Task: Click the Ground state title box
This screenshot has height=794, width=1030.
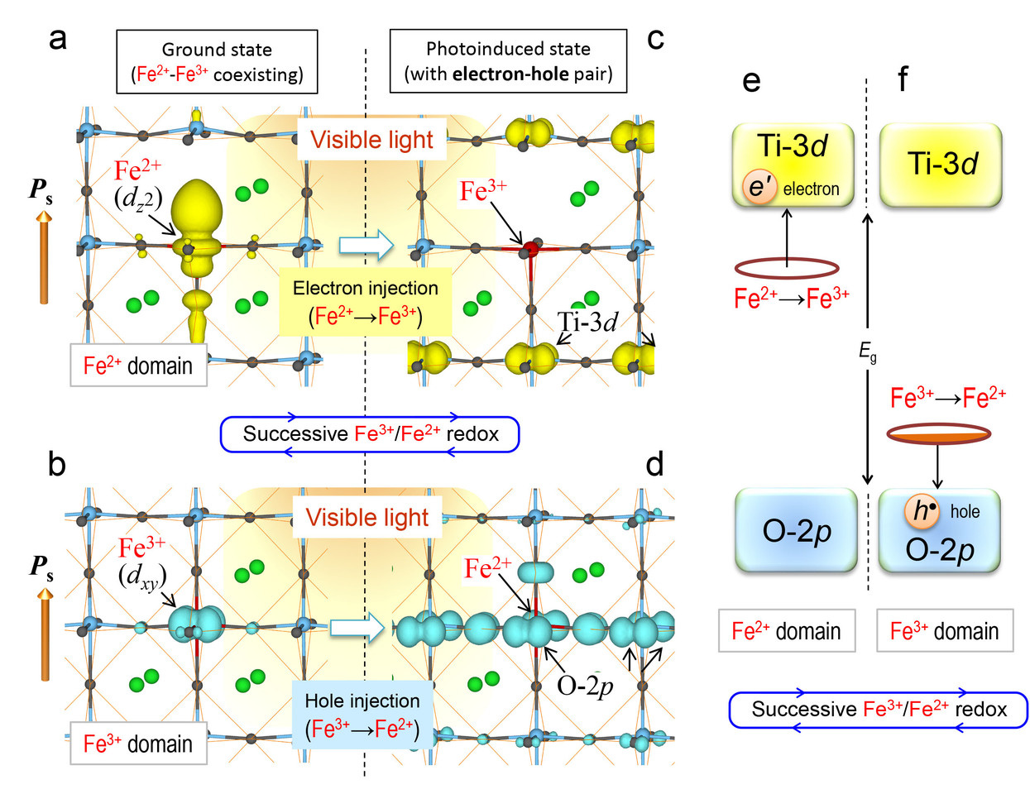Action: pyautogui.click(x=217, y=61)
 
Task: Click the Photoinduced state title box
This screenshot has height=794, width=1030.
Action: pyautogui.click(x=508, y=61)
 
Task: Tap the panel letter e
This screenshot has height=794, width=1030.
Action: pyautogui.click(x=751, y=80)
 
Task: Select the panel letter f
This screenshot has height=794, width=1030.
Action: pyautogui.click(x=902, y=80)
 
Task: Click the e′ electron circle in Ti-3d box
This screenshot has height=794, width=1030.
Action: pyautogui.click(x=759, y=188)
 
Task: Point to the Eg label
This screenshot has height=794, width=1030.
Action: pyautogui.click(x=867, y=353)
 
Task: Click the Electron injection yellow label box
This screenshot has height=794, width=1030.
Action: pyautogui.click(x=366, y=302)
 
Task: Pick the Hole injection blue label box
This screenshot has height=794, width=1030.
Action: pyautogui.click(x=362, y=715)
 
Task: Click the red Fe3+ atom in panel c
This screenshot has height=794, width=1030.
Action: pyautogui.click(x=530, y=247)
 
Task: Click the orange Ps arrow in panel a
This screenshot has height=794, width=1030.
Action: pyautogui.click(x=44, y=256)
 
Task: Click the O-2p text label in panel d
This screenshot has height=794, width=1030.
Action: pyautogui.click(x=585, y=686)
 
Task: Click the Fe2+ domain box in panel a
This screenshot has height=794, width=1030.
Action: pyautogui.click(x=138, y=366)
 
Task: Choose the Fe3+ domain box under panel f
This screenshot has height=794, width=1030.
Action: pyautogui.click(x=944, y=631)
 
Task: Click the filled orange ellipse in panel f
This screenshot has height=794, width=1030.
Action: pyautogui.click(x=938, y=433)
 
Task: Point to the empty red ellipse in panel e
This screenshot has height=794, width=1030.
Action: pyautogui.click(x=787, y=268)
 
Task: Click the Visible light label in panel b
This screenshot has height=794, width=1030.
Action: pyautogui.click(x=366, y=518)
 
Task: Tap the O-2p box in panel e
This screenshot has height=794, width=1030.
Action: pyautogui.click(x=796, y=530)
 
